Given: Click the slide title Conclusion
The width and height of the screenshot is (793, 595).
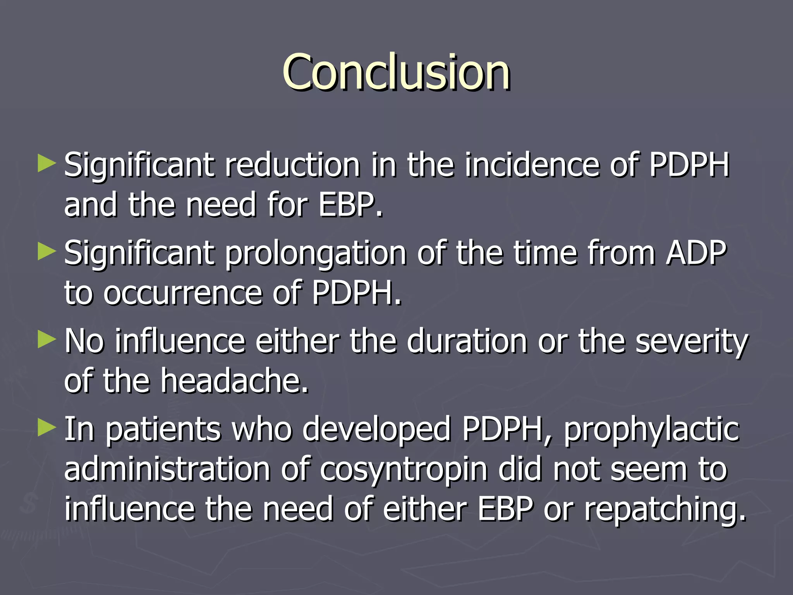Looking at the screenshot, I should pos(396,72).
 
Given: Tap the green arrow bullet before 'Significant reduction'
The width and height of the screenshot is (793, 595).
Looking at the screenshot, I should pos(47,164).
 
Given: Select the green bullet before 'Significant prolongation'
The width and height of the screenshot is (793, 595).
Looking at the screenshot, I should pos(47,252).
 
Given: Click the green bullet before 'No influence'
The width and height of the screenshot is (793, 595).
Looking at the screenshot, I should pos(47,340).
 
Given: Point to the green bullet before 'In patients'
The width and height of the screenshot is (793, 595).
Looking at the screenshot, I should pos(47,428).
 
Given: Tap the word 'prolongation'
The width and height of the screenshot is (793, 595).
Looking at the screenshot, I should pos(316,254).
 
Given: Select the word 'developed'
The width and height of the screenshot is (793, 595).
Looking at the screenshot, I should pos(376,430).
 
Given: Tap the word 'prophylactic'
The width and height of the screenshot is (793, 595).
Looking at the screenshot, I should pos(651,430).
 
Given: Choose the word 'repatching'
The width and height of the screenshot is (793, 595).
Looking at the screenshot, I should pos(664,510).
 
